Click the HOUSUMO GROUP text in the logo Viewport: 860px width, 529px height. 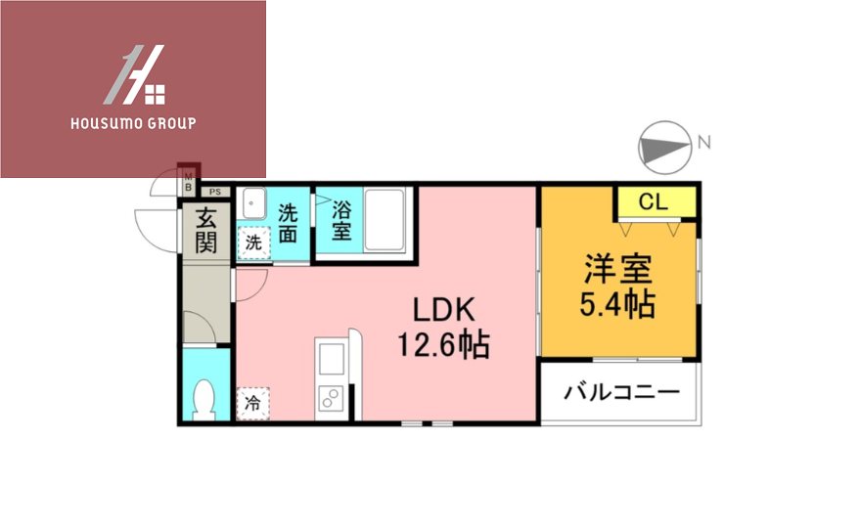[x=133, y=124]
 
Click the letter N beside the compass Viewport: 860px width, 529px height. [x=703, y=143]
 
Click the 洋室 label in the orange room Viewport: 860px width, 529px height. [x=618, y=269]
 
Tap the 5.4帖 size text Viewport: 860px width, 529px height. [x=617, y=305]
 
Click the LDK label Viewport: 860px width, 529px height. [x=442, y=310]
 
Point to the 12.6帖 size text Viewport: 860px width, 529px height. [x=442, y=344]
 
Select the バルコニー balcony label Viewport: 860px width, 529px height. [x=620, y=393]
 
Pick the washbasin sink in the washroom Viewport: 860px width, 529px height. [x=255, y=205]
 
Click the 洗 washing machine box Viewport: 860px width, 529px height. [x=253, y=243]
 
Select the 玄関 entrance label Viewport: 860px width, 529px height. [x=204, y=231]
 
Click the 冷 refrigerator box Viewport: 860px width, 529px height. [x=252, y=402]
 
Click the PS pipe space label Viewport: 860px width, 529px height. [x=214, y=193]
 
